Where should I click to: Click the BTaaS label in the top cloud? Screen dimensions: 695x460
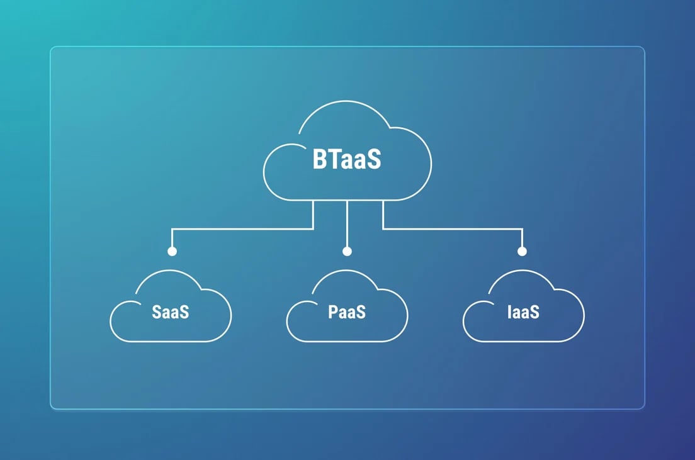347,159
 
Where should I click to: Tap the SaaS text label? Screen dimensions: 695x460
170,312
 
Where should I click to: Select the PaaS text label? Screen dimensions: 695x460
347,312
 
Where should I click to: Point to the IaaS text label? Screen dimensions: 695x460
524,312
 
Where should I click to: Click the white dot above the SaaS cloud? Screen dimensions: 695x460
172,251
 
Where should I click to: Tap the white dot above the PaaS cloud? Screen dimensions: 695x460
347,251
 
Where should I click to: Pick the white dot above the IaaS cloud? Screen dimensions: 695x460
522,251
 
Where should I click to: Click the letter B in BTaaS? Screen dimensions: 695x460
319,159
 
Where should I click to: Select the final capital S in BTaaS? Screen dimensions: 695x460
374,160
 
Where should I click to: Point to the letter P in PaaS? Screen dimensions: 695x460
333,312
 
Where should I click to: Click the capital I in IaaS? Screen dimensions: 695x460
509,312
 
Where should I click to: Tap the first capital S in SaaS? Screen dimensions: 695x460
157,312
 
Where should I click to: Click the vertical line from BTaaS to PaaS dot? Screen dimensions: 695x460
347,224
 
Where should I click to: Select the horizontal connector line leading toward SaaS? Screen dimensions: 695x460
242,229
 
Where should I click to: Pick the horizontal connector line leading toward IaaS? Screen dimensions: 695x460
453,229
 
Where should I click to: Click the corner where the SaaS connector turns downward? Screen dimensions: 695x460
172,229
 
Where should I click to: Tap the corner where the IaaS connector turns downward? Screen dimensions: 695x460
522,229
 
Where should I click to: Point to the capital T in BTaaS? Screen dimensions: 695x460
333,159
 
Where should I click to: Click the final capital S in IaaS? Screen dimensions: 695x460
534,312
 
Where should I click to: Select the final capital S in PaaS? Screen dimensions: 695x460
360,312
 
